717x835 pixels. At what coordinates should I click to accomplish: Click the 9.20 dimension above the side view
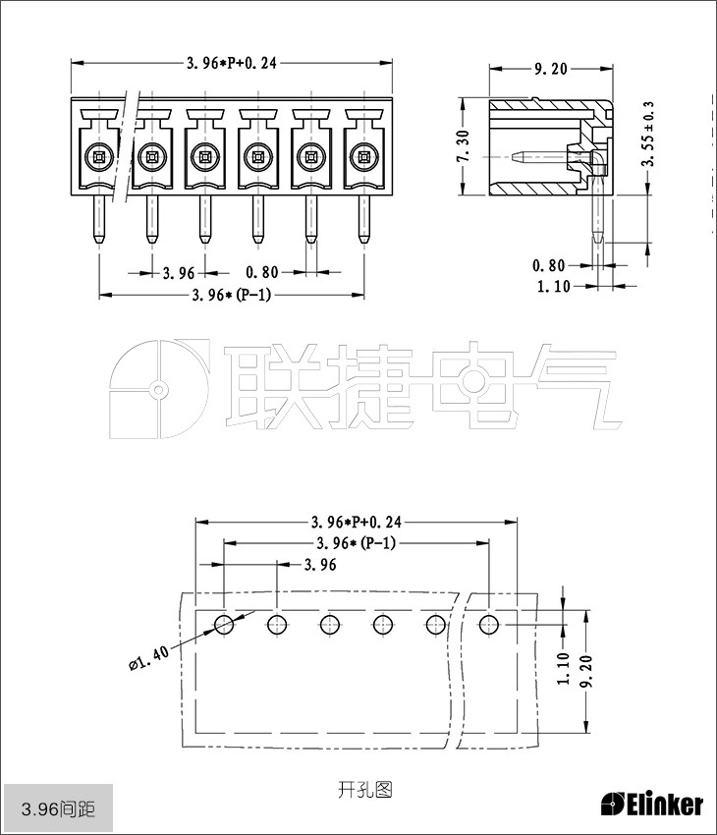coord(550,70)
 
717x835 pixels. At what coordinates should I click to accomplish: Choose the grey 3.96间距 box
coord(58,809)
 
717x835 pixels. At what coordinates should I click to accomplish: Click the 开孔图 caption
coord(364,789)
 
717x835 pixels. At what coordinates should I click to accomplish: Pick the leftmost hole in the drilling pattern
coord(224,623)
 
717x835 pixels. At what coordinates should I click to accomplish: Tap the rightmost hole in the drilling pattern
coord(488,623)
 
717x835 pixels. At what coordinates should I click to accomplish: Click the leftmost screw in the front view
coord(97,154)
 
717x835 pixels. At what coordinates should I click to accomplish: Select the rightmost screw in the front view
coord(362,154)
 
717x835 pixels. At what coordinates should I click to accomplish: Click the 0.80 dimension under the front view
coord(261,271)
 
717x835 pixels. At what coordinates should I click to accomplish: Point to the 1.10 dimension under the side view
coord(555,287)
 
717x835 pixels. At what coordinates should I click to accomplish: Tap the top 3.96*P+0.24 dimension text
coord(232,63)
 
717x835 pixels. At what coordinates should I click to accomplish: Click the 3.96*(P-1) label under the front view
coord(232,295)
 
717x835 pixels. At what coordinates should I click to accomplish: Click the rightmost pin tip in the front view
coord(362,238)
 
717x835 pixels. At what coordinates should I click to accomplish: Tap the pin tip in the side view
coord(598,238)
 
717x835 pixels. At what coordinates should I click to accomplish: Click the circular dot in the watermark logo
coord(157,390)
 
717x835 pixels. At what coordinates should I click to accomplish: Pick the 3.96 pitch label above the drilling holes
coord(320,565)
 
